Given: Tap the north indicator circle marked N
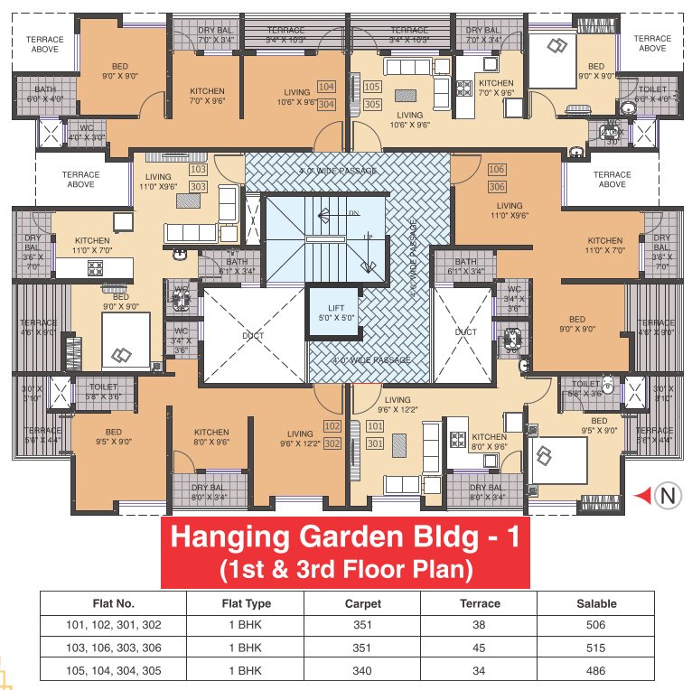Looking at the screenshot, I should click(x=667, y=495).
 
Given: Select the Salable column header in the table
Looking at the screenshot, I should click(x=596, y=603).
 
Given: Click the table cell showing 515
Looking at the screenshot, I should click(x=596, y=648).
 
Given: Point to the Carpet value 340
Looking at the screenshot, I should click(x=363, y=670).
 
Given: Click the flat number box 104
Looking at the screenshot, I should click(x=326, y=88).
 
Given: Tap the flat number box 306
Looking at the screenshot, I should click(x=495, y=186).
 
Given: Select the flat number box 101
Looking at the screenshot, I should click(x=375, y=426).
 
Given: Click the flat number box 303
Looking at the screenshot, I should click(x=199, y=186).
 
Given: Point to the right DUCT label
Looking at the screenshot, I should click(x=465, y=332).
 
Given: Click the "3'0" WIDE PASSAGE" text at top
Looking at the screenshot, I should click(x=337, y=170).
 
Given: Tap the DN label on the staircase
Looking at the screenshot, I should click(x=352, y=214).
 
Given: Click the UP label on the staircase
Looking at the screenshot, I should click(x=367, y=237).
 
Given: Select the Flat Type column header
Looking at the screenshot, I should click(x=246, y=603).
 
